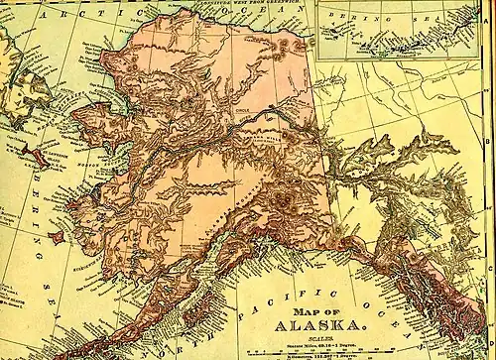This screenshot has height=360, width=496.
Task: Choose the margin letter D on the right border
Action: [x=491, y=327]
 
